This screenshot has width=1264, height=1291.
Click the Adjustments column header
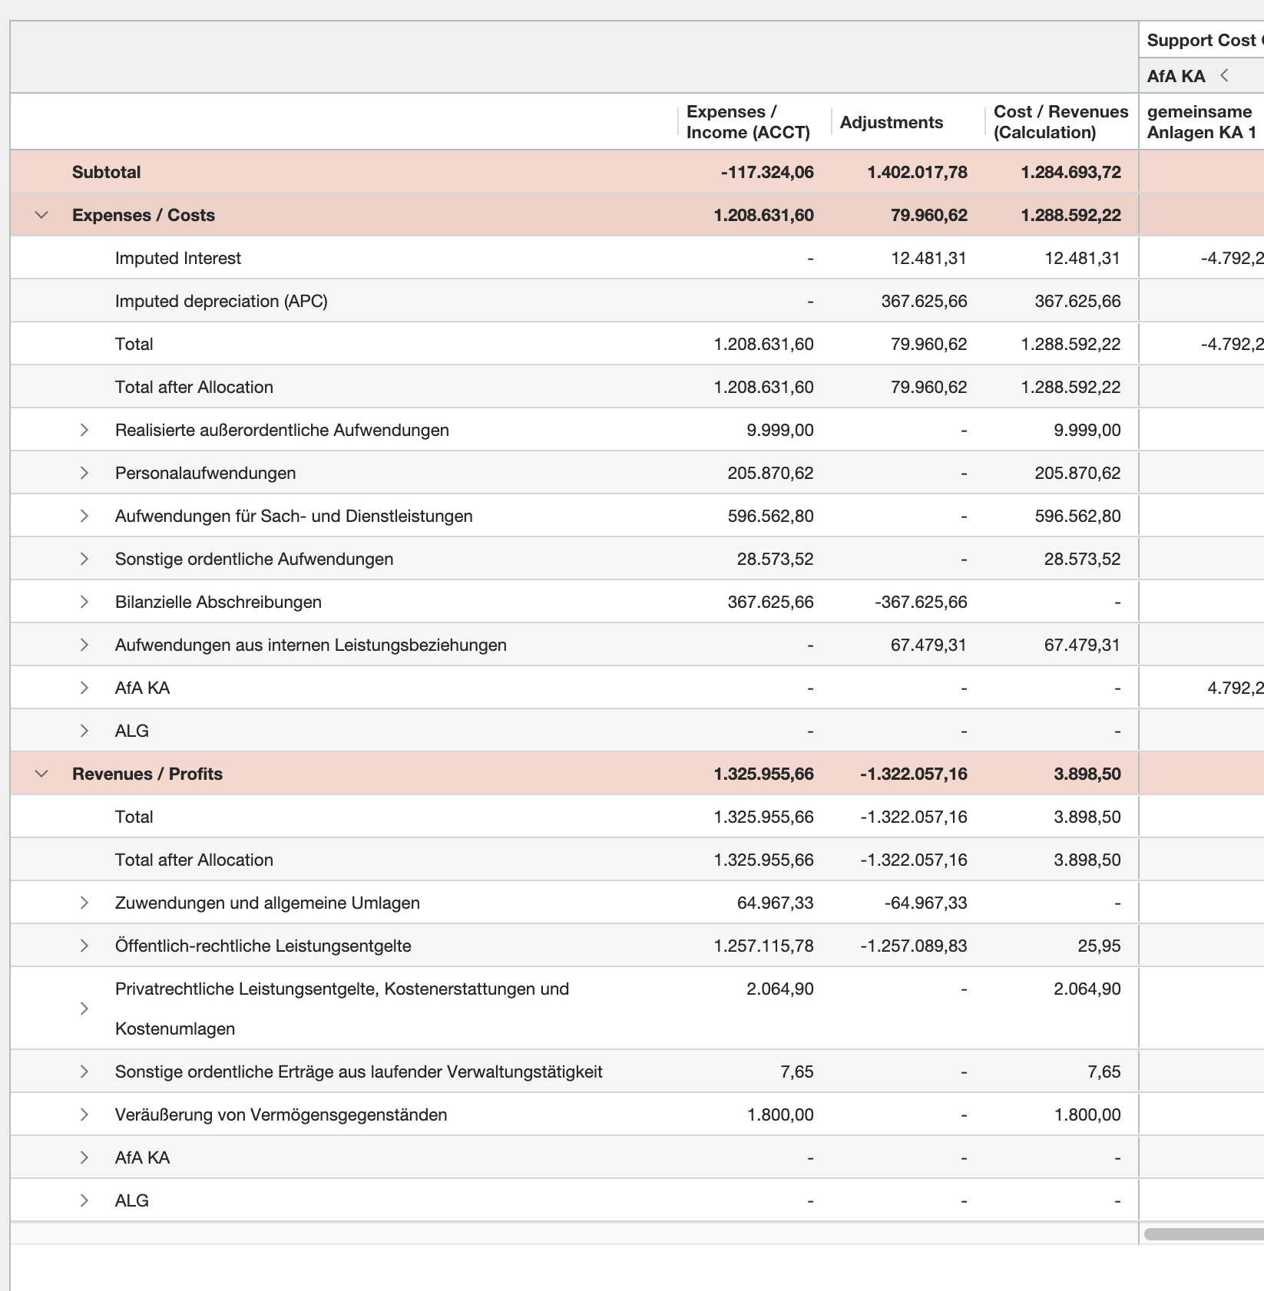tap(891, 122)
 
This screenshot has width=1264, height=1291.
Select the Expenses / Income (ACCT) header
tap(747, 122)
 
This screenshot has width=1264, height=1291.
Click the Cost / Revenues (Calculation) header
tap(1060, 122)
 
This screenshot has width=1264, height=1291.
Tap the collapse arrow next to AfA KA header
tap(1225, 75)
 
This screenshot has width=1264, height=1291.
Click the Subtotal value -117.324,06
tap(766, 172)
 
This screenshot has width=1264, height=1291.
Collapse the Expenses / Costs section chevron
tap(42, 215)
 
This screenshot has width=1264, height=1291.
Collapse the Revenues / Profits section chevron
tap(42, 774)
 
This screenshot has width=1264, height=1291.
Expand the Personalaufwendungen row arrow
tap(84, 473)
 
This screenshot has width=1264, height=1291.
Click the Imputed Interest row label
tap(177, 258)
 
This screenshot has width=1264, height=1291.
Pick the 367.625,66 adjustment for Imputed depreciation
tap(924, 301)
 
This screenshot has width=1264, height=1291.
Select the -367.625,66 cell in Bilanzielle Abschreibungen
tap(921, 602)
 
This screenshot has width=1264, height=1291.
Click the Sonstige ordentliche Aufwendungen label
tap(253, 559)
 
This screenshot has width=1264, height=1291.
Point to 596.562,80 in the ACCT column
tap(770, 516)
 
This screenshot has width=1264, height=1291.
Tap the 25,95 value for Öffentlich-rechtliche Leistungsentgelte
tap(1099, 946)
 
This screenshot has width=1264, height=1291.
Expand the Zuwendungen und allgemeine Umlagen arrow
tap(84, 903)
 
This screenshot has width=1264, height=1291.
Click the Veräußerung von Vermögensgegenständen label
tap(280, 1114)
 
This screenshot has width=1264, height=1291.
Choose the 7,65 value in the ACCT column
tap(796, 1071)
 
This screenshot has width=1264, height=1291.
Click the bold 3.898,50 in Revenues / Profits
tap(1087, 774)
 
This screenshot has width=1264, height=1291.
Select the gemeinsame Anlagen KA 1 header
tap(1200, 122)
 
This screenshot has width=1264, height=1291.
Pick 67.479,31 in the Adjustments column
tap(928, 645)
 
